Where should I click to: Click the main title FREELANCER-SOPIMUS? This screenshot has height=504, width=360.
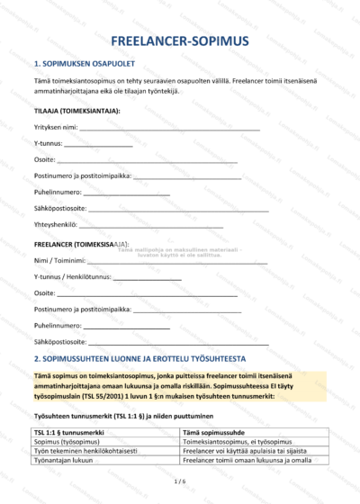[180, 42]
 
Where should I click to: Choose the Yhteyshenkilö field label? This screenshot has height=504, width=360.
[55, 224]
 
